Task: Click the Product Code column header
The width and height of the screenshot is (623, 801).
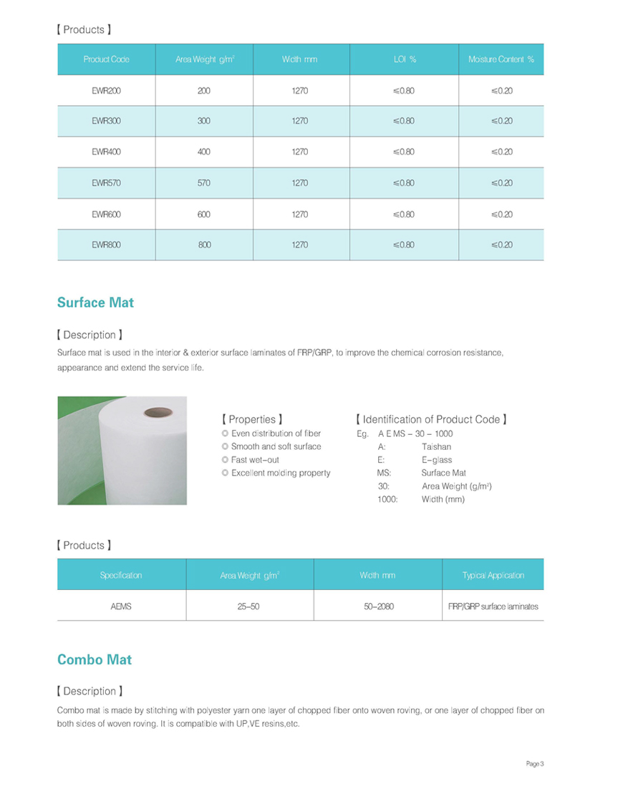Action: [x=106, y=59]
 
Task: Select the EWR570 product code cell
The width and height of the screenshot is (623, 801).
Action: [x=106, y=183]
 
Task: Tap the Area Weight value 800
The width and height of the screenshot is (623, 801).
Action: [x=204, y=245]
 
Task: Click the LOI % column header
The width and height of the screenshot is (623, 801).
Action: [x=405, y=59]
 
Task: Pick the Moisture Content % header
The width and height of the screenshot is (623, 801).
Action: [x=501, y=59]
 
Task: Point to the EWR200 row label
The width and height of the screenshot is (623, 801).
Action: [x=106, y=91]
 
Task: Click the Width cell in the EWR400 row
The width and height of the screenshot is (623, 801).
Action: [x=299, y=152]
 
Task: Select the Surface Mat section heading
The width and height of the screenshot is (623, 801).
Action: [x=95, y=303]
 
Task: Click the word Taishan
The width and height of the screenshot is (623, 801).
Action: [x=436, y=447]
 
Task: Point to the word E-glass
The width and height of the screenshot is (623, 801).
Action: [x=436, y=460]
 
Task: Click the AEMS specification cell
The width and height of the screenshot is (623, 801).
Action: [x=122, y=606]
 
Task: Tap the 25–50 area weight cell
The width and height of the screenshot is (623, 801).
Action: [x=248, y=606]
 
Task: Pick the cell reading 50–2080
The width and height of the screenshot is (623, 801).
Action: [x=378, y=606]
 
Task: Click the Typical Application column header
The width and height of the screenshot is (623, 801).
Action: [x=493, y=575]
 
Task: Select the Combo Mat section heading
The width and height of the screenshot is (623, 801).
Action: [x=95, y=659]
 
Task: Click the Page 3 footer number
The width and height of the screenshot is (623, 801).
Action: [x=535, y=765]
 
